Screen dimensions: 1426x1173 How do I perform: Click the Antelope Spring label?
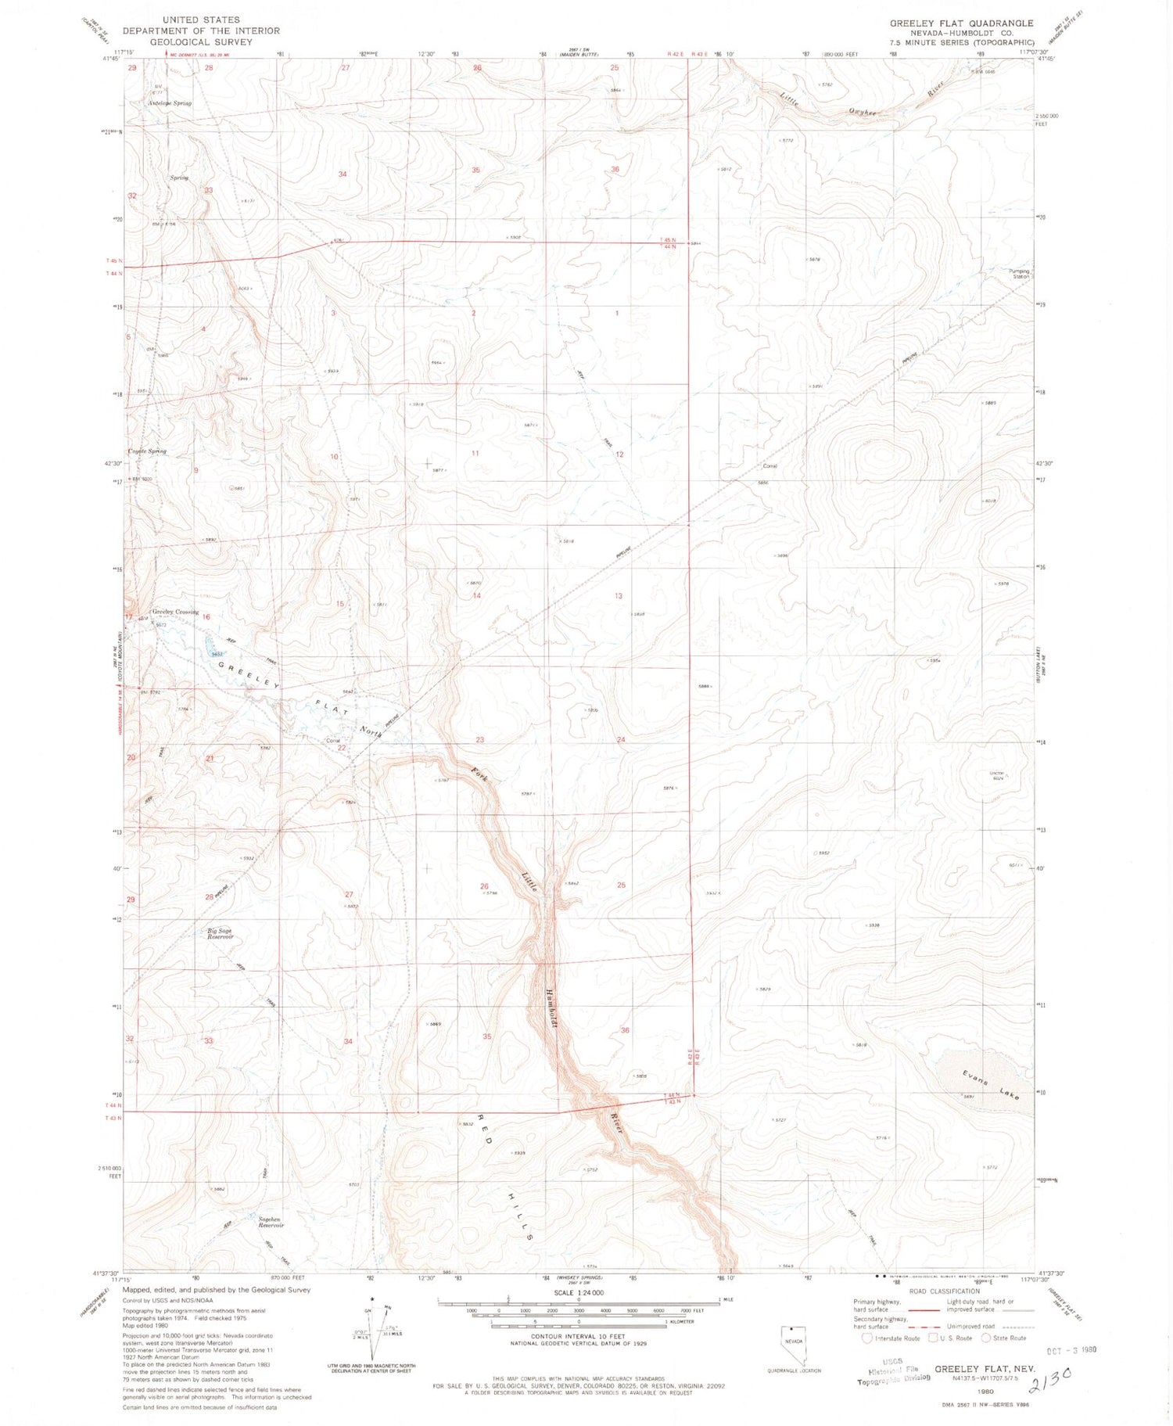pos(170,102)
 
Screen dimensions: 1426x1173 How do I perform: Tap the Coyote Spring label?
pos(147,451)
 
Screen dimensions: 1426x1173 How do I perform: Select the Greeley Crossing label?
pos(175,612)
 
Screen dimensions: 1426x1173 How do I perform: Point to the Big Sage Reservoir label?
pos(220,933)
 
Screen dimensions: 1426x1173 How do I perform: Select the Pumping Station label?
pos(1020,274)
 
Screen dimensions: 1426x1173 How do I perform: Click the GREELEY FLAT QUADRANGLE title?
pos(961,23)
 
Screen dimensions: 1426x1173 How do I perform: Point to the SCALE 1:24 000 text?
pos(576,1293)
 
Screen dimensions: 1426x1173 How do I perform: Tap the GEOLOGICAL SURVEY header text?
pos(202,41)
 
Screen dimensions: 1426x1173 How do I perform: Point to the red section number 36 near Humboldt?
pos(625,1030)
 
